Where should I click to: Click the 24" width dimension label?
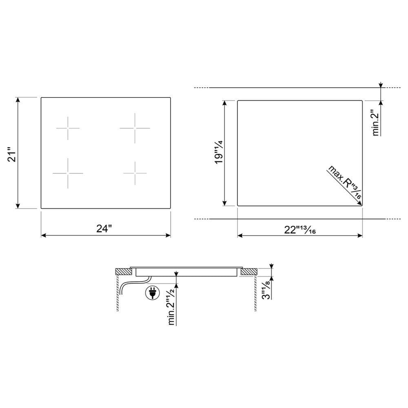104,228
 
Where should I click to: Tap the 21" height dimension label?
12,155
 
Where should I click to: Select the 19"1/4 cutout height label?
219,152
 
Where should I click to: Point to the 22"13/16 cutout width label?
300,230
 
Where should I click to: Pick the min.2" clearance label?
376,122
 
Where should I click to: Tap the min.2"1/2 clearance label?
171,306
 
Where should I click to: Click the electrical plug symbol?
152,293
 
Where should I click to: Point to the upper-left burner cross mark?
68,128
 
